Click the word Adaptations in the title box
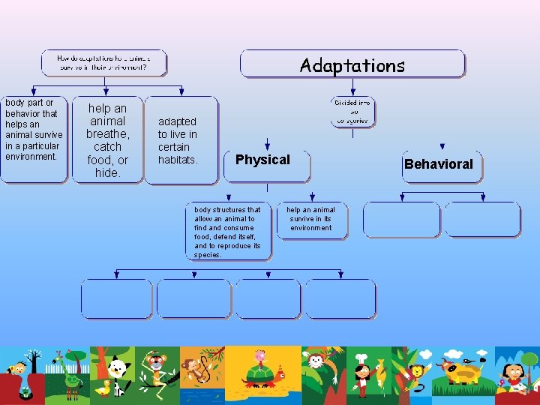point(352,65)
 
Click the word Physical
point(262,160)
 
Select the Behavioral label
point(439,164)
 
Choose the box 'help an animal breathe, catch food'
point(107,140)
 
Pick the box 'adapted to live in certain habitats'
point(178,140)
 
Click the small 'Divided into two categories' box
point(352,112)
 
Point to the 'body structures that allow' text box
point(228,232)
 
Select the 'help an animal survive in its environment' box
point(311,219)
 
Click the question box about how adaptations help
point(103,62)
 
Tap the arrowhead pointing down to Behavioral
point(442,147)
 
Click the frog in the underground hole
point(26,391)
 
